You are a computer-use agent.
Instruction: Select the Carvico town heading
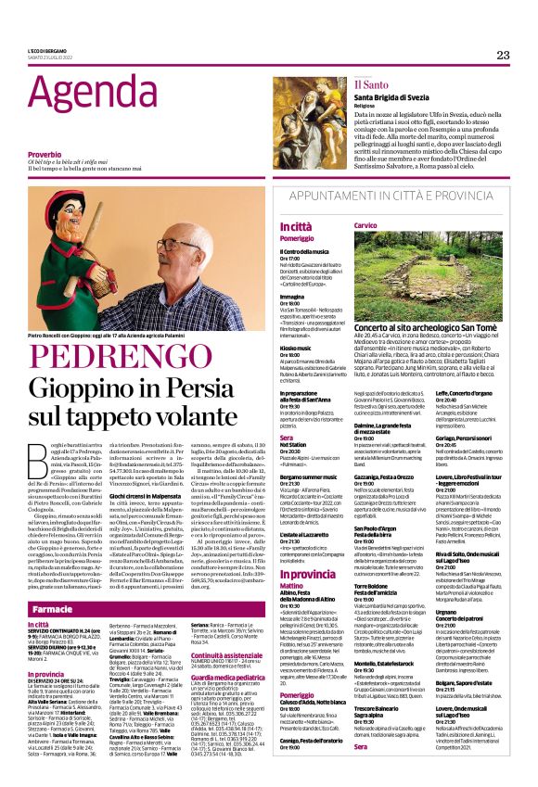pos(364,225)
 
